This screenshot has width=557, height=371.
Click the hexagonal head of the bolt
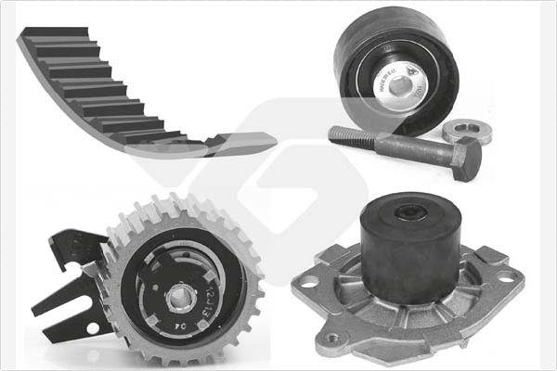(x=467, y=159)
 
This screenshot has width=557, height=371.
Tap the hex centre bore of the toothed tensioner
(x=179, y=297)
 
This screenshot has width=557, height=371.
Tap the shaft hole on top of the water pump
(x=409, y=213)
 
